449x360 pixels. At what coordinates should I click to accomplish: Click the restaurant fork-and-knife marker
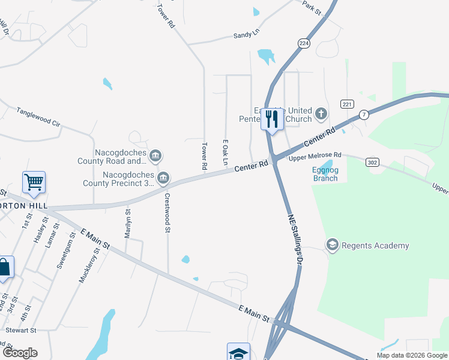pyautogui.click(x=272, y=118)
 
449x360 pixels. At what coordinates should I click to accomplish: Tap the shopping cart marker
pyautogui.click(x=34, y=182)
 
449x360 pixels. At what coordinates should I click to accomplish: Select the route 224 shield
pyautogui.click(x=304, y=44)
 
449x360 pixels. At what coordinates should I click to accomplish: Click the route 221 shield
pyautogui.click(x=347, y=104)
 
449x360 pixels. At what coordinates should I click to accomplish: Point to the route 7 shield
pyautogui.click(x=364, y=114)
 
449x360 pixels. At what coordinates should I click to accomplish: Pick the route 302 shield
pyautogui.click(x=372, y=161)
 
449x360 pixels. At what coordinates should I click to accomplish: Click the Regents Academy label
pyautogui.click(x=375, y=245)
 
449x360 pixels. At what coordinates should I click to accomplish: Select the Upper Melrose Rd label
pyautogui.click(x=315, y=156)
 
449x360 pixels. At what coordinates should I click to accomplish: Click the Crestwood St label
pyautogui.click(x=167, y=212)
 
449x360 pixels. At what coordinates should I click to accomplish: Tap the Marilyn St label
pyautogui.click(x=127, y=224)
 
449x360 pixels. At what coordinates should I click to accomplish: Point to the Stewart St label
pyautogui.click(x=22, y=330)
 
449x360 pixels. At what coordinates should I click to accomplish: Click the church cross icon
pyautogui.click(x=321, y=113)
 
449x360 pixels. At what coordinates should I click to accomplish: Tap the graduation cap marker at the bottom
pyautogui.click(x=238, y=352)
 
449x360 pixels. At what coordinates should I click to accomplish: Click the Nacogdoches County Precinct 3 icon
pyautogui.click(x=163, y=178)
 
